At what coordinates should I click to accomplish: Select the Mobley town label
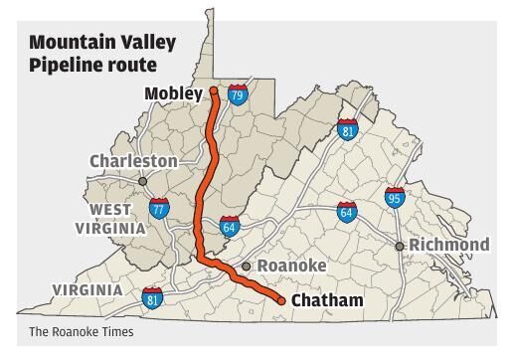coord(174,94)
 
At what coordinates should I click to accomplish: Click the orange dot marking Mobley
coord(213,91)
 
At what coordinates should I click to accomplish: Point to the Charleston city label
coord(133,161)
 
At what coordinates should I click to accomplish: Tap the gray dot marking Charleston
coord(143,181)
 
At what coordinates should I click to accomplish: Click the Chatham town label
coord(327,300)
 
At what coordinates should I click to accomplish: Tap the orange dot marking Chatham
coord(281,300)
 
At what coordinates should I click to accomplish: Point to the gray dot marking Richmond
coord(400,246)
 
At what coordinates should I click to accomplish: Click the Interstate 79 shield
coord(237,95)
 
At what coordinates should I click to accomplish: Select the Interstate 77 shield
coord(159,208)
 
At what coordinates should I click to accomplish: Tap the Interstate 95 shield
coord(395,198)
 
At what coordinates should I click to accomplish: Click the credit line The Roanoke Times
coord(81,332)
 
